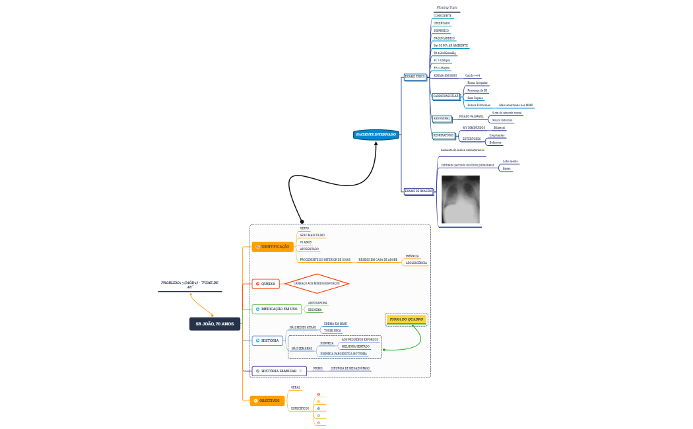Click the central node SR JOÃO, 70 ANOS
(x=214, y=324)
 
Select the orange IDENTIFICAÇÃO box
(x=272, y=246)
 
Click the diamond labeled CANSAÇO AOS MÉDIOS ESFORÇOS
(x=316, y=284)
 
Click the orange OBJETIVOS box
(x=267, y=401)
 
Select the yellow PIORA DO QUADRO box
(x=407, y=319)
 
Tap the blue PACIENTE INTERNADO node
(x=376, y=135)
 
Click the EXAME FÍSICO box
(x=415, y=77)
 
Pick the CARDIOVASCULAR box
(x=445, y=96)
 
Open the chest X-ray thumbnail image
(x=460, y=199)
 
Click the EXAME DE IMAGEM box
(x=418, y=191)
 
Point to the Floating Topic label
(x=447, y=7)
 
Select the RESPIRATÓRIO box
(x=444, y=135)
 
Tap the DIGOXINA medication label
(x=315, y=309)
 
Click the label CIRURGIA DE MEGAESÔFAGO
(x=350, y=368)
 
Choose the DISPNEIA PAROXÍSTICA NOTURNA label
(x=343, y=354)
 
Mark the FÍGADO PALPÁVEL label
(x=471, y=116)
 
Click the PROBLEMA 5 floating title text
(x=189, y=284)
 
